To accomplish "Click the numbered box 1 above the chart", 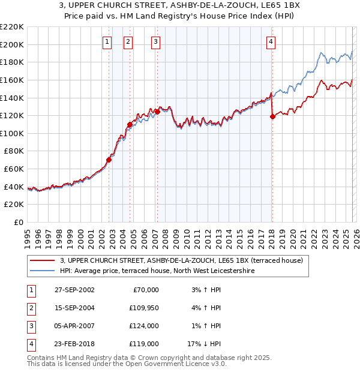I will pos(107,41).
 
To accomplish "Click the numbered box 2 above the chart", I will pos(128,41).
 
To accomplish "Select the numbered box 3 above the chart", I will pos(155,41).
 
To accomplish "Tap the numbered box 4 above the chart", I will pos(271,41).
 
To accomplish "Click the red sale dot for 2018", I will pos(272,117).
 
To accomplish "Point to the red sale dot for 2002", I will pos(109,160).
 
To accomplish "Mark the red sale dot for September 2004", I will pos(130,125).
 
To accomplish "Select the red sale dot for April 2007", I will pos(157,112).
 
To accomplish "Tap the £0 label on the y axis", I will pos(18,223).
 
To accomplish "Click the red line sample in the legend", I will pos(42,260).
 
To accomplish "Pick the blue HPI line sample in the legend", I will pos(42,271).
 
